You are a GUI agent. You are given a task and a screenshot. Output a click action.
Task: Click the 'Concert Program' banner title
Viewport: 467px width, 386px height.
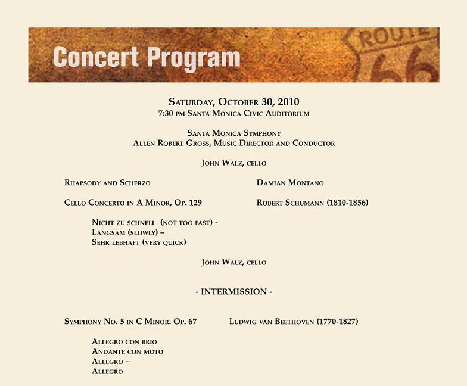(146, 57)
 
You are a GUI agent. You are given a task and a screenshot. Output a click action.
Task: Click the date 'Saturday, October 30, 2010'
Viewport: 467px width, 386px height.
(233, 101)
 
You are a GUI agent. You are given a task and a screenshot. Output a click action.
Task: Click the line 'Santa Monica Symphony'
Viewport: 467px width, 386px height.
(233, 133)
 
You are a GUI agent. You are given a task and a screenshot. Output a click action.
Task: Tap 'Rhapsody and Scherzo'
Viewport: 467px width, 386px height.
(107, 183)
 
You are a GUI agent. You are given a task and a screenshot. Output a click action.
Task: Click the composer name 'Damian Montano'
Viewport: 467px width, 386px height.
(290, 183)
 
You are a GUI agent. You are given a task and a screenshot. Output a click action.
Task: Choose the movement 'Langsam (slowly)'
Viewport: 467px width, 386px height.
(124, 232)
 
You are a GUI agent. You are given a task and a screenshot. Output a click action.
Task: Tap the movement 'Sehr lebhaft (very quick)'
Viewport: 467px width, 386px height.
(139, 242)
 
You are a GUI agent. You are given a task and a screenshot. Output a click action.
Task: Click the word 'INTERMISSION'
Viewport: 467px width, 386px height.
(233, 292)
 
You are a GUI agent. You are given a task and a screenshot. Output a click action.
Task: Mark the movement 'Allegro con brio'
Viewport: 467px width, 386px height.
(124, 342)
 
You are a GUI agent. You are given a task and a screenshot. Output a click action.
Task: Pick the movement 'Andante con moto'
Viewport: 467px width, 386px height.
(127, 351)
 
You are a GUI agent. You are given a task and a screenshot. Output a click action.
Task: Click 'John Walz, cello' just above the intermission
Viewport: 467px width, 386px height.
(233, 262)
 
